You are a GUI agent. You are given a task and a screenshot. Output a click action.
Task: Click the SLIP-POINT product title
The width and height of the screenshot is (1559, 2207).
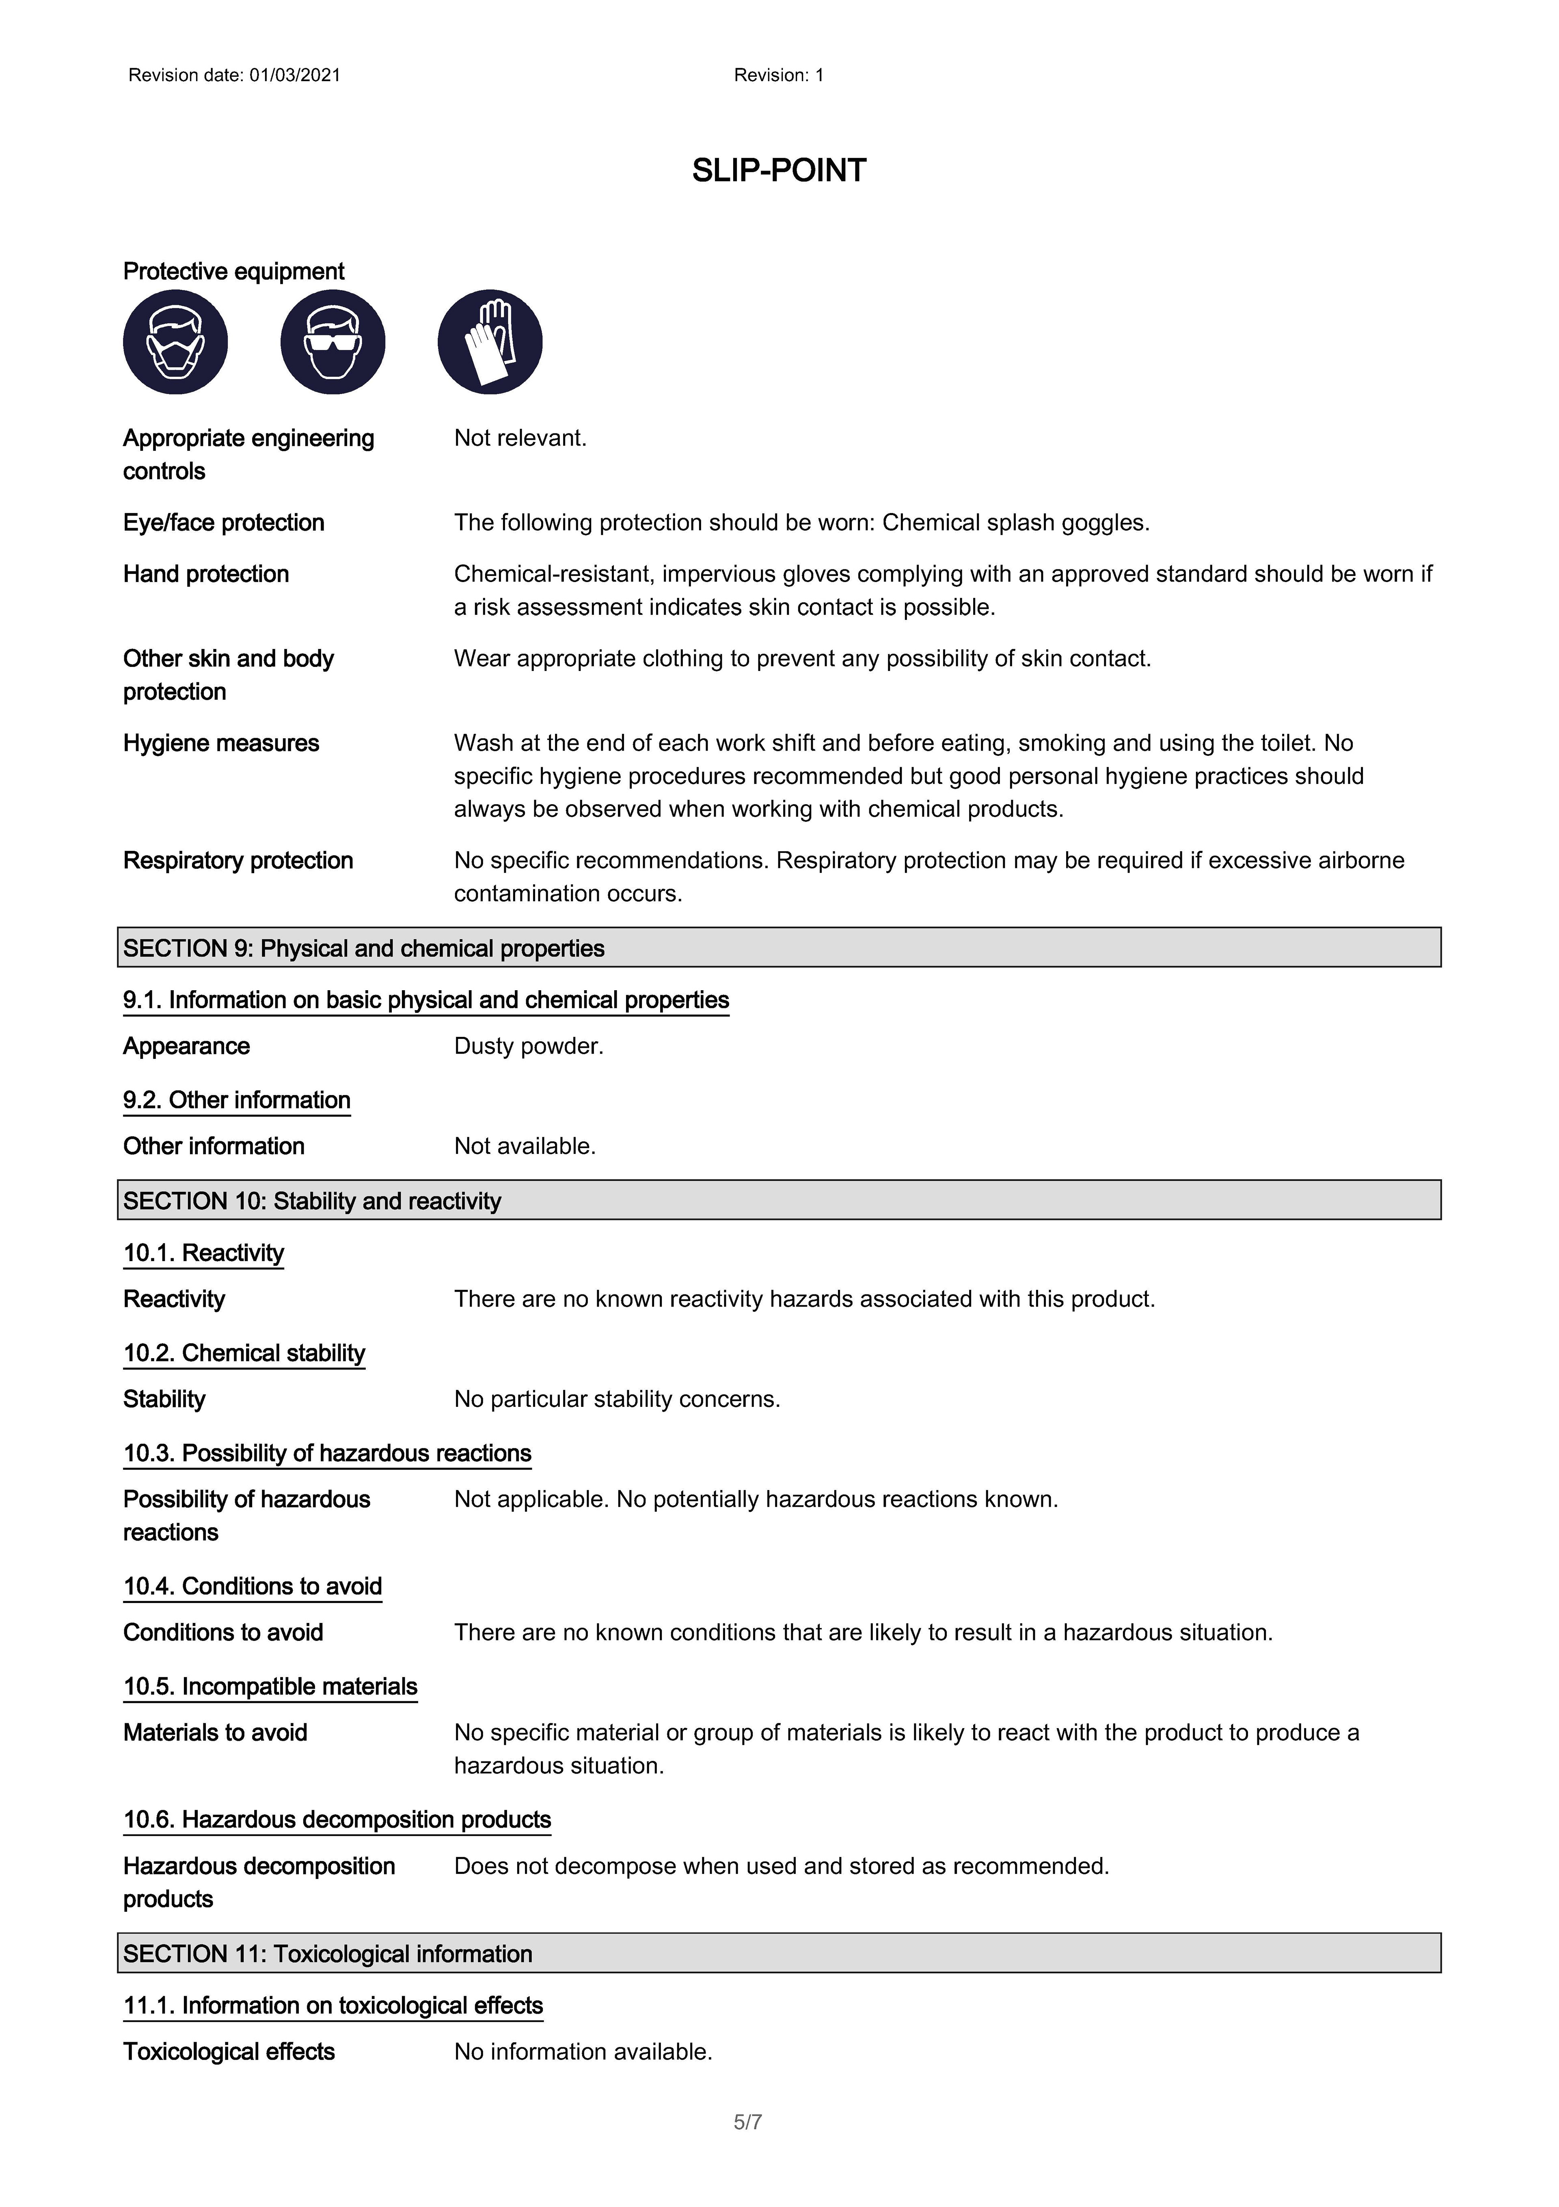779,171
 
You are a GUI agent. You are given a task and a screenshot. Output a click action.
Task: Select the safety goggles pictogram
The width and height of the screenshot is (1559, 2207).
333,342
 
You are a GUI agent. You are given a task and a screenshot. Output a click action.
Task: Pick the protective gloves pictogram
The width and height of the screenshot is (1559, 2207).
490,342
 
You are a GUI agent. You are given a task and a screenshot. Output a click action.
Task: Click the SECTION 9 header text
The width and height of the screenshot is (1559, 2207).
363,949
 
